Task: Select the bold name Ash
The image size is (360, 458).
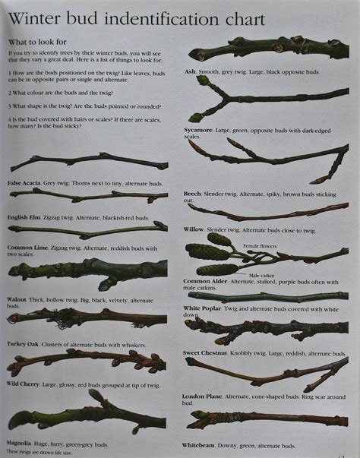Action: click(190, 71)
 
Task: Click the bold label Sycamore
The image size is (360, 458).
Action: click(199, 130)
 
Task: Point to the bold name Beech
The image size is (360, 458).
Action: click(192, 194)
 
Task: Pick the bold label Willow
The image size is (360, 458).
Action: click(194, 229)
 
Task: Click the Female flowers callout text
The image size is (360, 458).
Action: click(260, 246)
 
